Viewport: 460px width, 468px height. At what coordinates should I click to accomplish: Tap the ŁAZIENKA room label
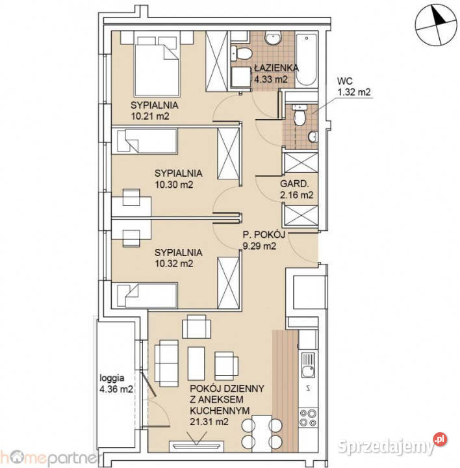click(276, 68)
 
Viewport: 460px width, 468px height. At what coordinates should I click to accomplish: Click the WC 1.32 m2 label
click(353, 86)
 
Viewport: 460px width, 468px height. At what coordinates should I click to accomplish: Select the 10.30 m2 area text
click(174, 185)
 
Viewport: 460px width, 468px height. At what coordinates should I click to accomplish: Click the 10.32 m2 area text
click(174, 263)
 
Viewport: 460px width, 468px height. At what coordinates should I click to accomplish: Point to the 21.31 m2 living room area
click(209, 421)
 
